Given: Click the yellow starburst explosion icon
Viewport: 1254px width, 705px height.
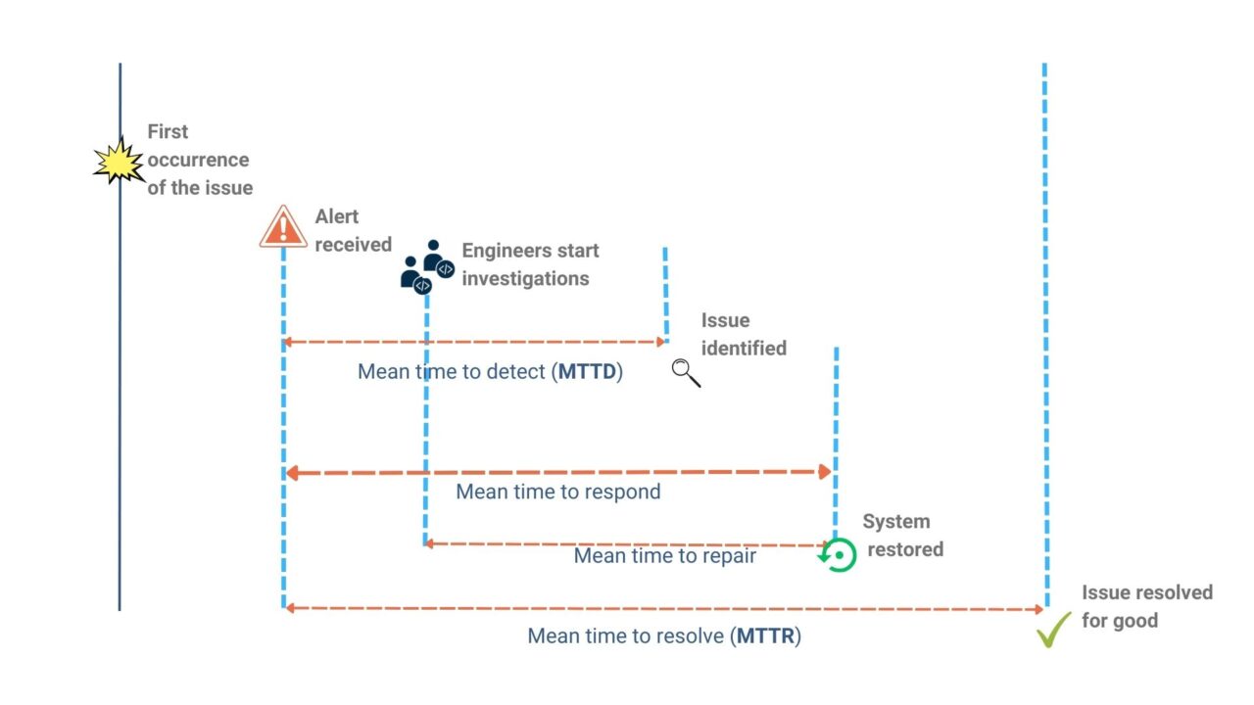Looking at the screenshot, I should coord(119,162).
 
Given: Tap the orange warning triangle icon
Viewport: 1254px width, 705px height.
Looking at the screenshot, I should coord(283,227).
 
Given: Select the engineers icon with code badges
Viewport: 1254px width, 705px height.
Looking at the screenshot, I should coord(427,266).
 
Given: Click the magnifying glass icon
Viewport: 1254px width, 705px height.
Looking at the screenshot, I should coord(686,372).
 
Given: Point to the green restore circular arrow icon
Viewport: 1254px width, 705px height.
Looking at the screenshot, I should coord(838,555).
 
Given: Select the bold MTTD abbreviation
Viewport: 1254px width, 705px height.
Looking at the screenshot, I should coord(588,372).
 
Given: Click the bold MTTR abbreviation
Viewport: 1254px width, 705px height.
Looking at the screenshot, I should coord(766,636).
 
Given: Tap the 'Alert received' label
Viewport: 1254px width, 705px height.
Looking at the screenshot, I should coord(353,231).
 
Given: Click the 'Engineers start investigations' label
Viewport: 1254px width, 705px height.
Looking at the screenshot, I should coord(530,264).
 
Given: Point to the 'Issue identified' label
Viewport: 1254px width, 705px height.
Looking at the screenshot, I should coord(744,334).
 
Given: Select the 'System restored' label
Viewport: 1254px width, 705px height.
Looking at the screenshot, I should coord(902,536).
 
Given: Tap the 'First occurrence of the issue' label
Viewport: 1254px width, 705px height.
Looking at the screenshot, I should coord(199,160).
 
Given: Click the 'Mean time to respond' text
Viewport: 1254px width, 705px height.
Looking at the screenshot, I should coord(557,492).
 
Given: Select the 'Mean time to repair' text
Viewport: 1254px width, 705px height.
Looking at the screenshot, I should coord(664,556).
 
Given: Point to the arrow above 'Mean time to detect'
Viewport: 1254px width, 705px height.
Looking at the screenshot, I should coord(474,343).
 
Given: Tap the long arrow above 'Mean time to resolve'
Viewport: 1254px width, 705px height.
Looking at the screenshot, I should coord(664,609).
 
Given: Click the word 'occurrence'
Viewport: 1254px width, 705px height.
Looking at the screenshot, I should coord(199,160).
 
